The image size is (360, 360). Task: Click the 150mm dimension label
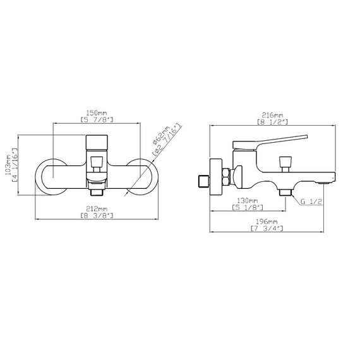[97, 113]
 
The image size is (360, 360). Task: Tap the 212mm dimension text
[97, 209]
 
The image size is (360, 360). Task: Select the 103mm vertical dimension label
[8, 164]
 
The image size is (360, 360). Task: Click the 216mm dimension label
[272, 115]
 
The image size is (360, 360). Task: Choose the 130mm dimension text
[248, 201]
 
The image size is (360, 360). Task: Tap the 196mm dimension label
[267, 222]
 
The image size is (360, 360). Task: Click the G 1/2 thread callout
[311, 201]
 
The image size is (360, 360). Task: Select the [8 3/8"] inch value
[97, 215]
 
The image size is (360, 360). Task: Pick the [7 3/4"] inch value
[267, 229]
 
